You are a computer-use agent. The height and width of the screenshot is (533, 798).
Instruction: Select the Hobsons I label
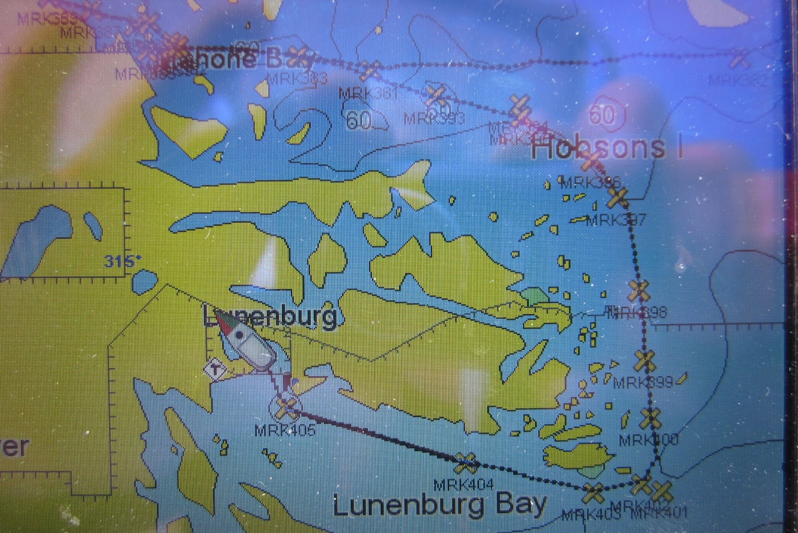tap(606, 147)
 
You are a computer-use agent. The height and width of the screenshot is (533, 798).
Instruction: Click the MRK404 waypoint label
tap(463, 484)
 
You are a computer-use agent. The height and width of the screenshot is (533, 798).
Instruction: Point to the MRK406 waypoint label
tap(285, 430)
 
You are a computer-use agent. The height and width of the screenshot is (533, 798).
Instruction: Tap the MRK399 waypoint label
tap(643, 383)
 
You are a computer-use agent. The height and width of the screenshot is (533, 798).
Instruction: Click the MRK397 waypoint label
tap(616, 220)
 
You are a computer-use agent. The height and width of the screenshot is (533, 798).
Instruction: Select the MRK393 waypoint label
tap(434, 119)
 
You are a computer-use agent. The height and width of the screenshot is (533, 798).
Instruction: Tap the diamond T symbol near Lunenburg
tap(215, 371)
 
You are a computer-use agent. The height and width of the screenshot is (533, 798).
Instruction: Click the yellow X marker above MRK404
tap(467, 463)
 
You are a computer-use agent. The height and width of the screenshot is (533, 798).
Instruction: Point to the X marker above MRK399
tap(645, 360)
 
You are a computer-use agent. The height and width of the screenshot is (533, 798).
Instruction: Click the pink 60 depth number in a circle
tap(602, 115)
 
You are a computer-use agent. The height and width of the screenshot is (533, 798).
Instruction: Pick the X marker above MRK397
tap(618, 198)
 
